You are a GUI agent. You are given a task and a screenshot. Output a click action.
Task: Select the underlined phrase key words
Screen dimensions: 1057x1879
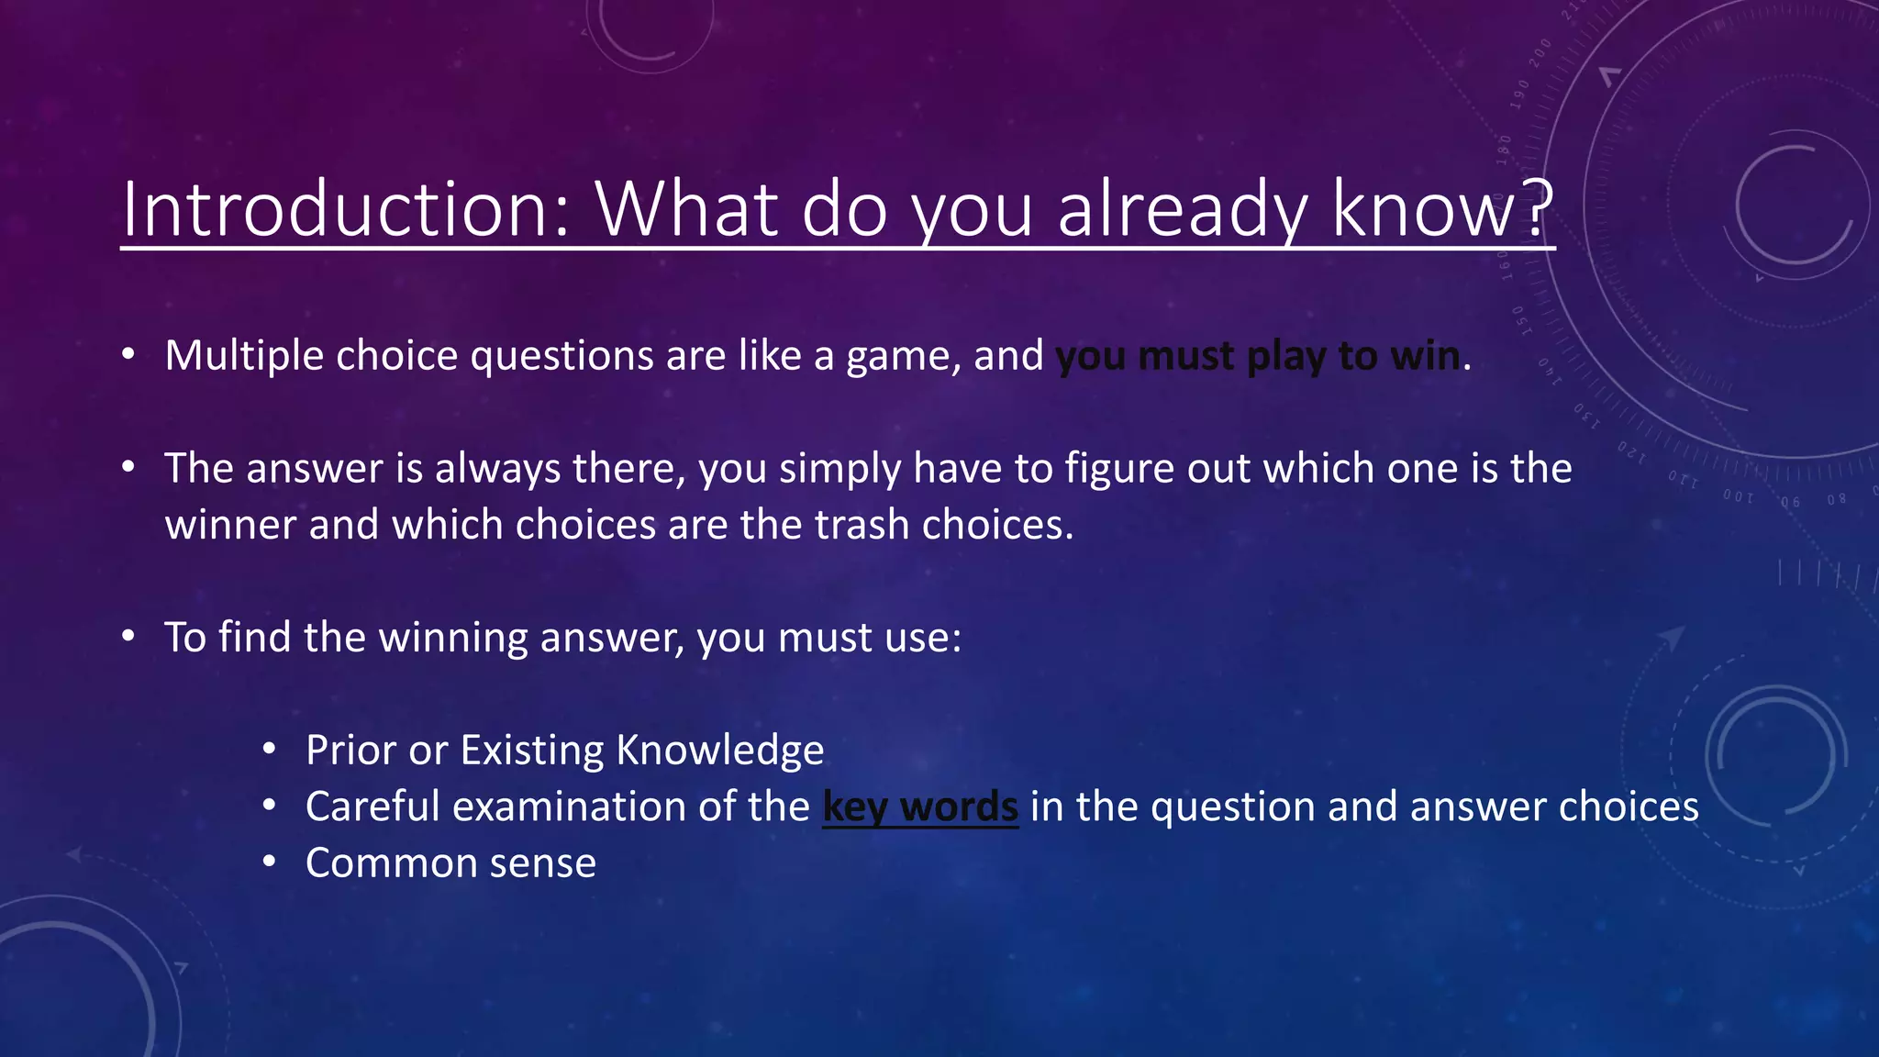pyautogui.click(x=920, y=807)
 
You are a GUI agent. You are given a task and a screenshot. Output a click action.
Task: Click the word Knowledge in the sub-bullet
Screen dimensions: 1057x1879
pyautogui.click(x=720, y=751)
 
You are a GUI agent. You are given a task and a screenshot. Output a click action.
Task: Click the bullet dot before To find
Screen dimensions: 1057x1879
pyautogui.click(x=128, y=636)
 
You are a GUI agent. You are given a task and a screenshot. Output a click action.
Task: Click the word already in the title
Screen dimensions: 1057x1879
pyautogui.click(x=1183, y=209)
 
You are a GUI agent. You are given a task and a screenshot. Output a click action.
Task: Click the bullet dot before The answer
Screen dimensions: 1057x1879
pyautogui.click(x=128, y=468)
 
